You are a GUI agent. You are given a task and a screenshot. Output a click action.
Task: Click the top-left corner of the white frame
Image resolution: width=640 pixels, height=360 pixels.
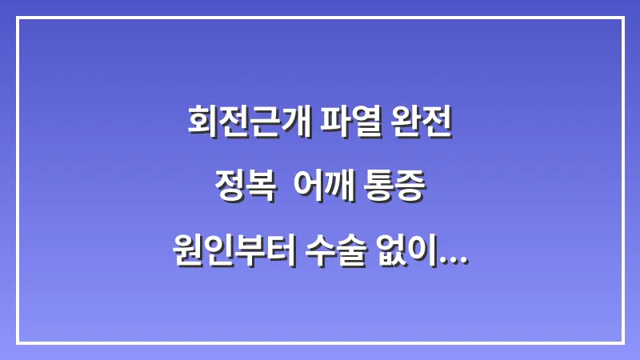point(18,18)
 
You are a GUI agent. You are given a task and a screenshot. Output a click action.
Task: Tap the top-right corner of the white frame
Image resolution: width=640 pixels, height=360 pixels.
point(622,18)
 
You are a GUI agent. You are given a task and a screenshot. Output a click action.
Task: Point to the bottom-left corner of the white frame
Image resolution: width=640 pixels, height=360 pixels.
point(18,342)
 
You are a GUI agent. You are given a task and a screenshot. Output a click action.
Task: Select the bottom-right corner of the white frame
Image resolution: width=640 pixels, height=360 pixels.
point(622,342)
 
